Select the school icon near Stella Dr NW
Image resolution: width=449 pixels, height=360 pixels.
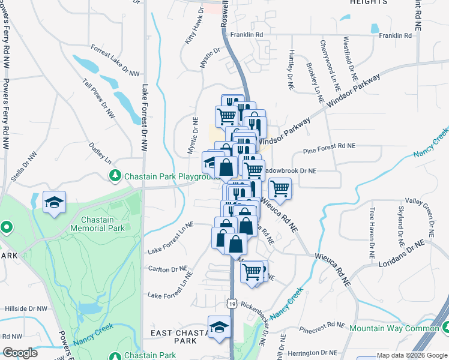click(x=54, y=202)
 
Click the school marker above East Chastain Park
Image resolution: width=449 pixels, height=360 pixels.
click(x=219, y=328)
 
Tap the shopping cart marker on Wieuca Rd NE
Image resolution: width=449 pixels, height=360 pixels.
click(x=280, y=189)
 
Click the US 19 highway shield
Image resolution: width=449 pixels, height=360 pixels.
click(x=232, y=304)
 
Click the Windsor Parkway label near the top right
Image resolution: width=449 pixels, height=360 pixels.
click(x=354, y=93)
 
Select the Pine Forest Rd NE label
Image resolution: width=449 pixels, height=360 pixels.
click(x=330, y=146)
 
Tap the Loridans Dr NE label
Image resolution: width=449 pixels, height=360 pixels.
click(x=397, y=252)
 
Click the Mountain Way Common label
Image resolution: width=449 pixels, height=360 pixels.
click(x=394, y=328)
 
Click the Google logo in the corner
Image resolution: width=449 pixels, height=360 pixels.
click(x=20, y=353)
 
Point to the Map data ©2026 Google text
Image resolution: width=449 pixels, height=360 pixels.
click(x=412, y=355)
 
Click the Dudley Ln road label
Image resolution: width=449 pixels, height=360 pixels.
click(x=100, y=152)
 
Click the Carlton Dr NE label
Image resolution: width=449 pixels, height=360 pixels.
click(x=165, y=270)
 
